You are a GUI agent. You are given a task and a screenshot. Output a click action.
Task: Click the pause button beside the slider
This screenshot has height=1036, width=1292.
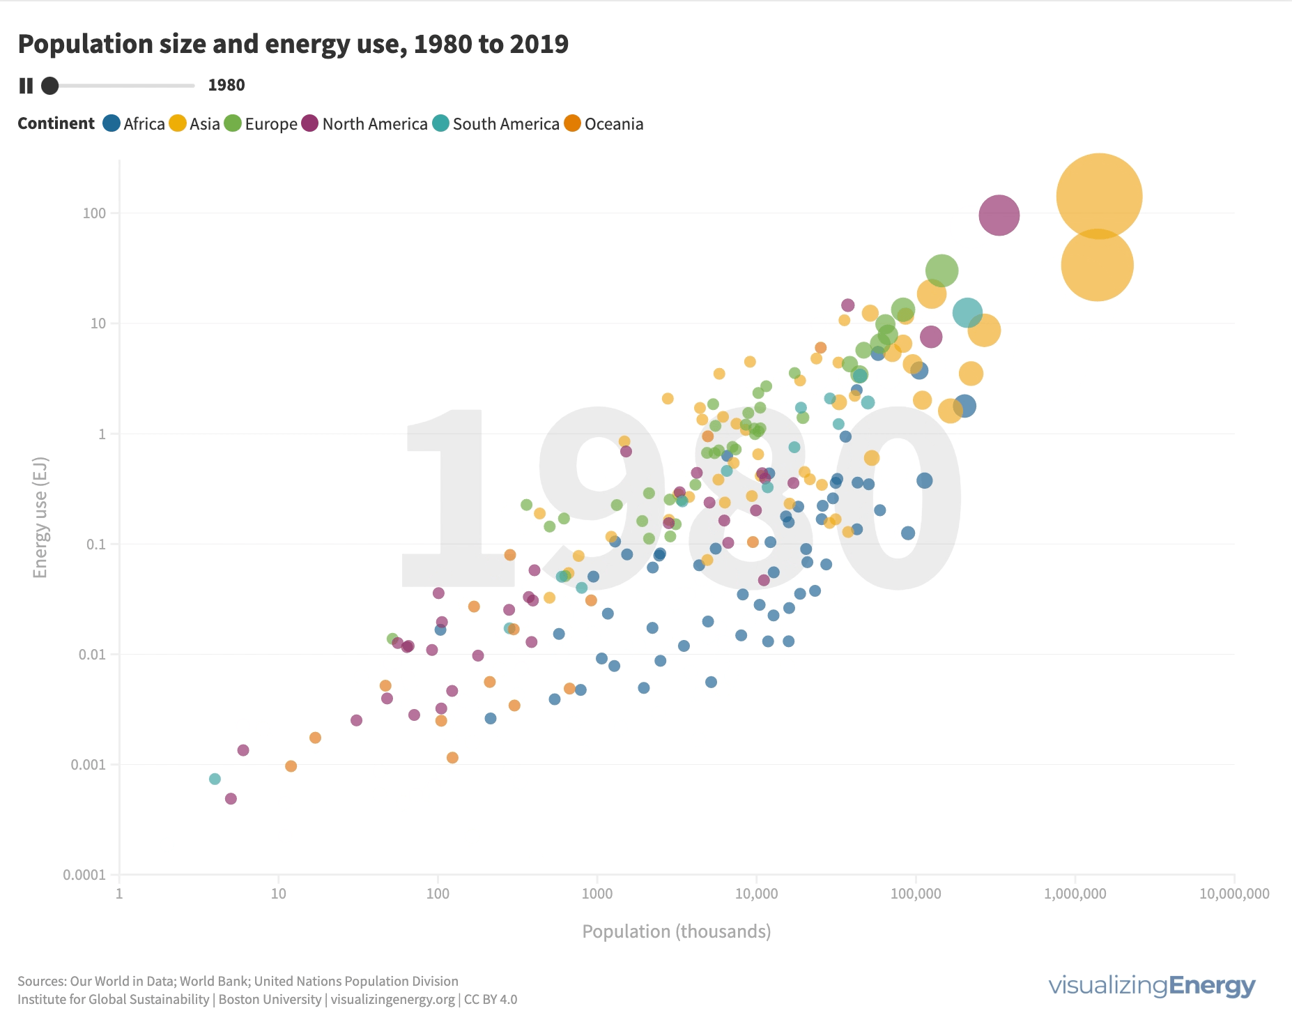coord(26,86)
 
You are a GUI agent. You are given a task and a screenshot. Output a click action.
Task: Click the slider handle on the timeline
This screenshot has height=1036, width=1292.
coord(49,86)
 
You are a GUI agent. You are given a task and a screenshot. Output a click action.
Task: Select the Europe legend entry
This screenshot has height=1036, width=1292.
coord(261,124)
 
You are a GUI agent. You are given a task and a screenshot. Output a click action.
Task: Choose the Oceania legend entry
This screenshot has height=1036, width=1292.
coord(603,124)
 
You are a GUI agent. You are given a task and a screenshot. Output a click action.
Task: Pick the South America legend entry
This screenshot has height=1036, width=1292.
coord(495,124)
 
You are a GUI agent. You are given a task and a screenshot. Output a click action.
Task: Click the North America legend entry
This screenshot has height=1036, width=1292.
coord(364,124)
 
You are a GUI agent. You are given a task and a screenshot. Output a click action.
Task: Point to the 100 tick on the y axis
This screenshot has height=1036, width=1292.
coord(94,213)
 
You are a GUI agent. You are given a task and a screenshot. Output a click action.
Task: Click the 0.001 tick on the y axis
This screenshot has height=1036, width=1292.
coord(89,765)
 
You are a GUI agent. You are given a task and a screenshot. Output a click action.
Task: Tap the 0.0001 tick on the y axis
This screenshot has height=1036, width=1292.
coord(85,875)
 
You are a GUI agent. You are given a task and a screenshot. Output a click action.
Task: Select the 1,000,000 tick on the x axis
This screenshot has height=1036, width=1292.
coord(1075,894)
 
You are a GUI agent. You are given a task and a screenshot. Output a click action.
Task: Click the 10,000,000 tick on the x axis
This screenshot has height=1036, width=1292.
coord(1233,894)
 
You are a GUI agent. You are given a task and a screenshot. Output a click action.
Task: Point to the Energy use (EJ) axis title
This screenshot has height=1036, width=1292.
coord(40,517)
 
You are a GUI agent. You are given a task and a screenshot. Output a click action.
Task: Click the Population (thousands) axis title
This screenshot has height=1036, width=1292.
coord(676,931)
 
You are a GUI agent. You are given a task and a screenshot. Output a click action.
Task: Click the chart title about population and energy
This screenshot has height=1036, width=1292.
coord(293,44)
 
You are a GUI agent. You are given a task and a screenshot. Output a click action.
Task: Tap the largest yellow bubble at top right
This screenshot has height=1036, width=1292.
coord(1099,197)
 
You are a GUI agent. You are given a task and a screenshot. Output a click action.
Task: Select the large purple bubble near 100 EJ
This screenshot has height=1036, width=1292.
coord(999,215)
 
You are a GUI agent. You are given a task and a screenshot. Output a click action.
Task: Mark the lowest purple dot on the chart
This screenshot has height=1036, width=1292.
coord(231,798)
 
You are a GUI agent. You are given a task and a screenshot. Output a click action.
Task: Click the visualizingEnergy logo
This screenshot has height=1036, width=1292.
coord(1151,986)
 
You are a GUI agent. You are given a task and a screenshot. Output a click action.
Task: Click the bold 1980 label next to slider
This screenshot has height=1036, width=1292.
coord(226,86)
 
